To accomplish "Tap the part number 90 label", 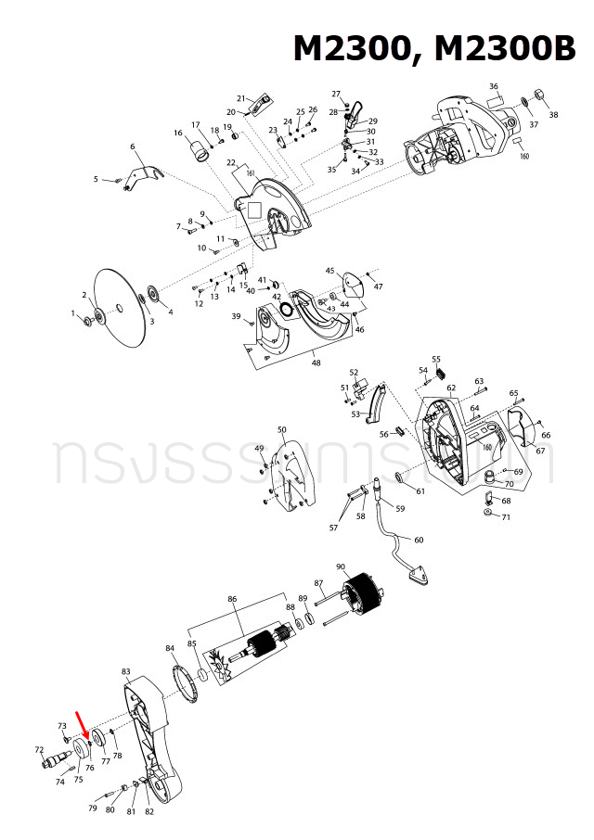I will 341,566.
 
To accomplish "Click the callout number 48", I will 316,363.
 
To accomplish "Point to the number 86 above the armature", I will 233,600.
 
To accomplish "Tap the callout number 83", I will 126,670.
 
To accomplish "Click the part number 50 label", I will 282,430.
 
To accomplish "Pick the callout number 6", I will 133,146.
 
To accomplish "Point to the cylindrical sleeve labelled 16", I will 198,146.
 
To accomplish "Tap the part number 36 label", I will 494,86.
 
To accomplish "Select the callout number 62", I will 451,388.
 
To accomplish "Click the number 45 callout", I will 329,271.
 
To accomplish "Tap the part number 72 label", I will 39,749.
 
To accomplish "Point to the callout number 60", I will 419,540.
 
